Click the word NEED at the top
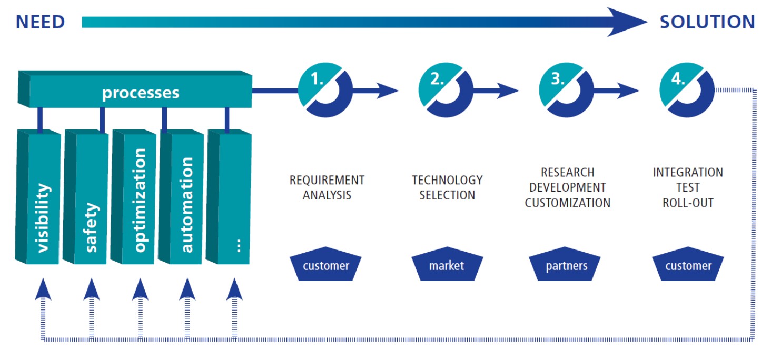pos(40,22)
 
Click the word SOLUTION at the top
pos(707,22)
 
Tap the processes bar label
pos(141,93)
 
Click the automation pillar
pos(186,205)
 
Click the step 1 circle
pos(325,90)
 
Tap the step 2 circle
pos(446,90)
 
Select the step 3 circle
pos(566,90)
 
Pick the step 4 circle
pos(687,90)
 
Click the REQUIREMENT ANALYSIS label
pos(327,187)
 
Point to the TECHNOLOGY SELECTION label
pos(447,187)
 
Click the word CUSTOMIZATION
pos(568,203)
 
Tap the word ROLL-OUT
pos(688,203)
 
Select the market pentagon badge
pos(447,265)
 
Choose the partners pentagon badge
pos(567,265)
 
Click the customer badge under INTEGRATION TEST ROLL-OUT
pos(688,265)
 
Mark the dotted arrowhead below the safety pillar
pos(92,289)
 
